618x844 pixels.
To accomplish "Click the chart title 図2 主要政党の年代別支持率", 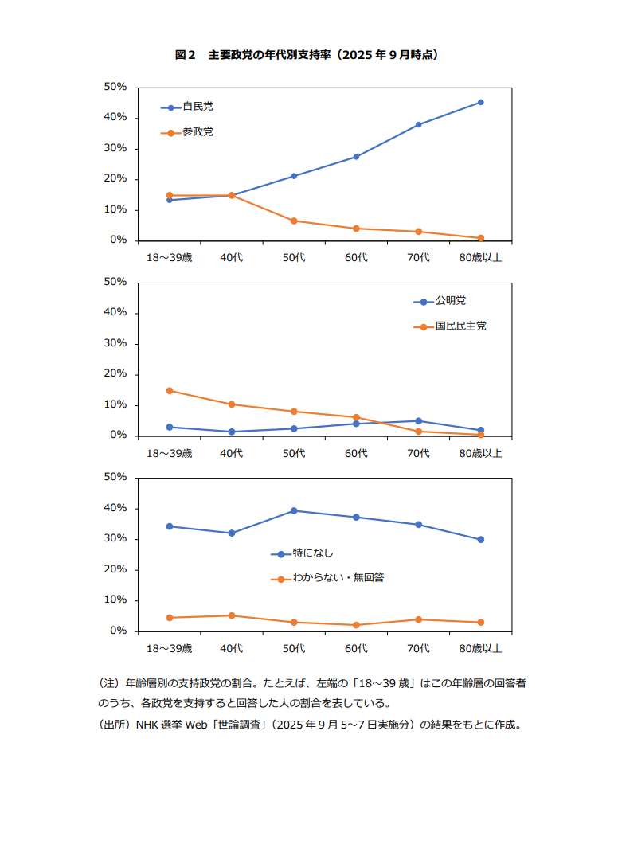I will [307, 55].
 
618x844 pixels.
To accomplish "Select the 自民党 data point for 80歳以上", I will [480, 102].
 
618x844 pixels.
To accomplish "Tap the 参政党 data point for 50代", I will [294, 221].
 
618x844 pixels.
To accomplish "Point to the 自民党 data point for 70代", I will [418, 124].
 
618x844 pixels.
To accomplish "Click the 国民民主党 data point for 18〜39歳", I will [169, 390].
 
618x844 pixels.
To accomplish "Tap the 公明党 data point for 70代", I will [418, 420].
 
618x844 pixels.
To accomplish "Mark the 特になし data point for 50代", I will [294, 510].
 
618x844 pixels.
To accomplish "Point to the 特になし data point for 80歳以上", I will [480, 539].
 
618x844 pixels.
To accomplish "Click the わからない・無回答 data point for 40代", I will [231, 615].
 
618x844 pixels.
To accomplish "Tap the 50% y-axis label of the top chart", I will [115, 87].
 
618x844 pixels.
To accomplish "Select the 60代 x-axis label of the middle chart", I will [356, 453].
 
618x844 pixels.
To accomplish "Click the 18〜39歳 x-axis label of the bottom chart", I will [169, 648].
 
